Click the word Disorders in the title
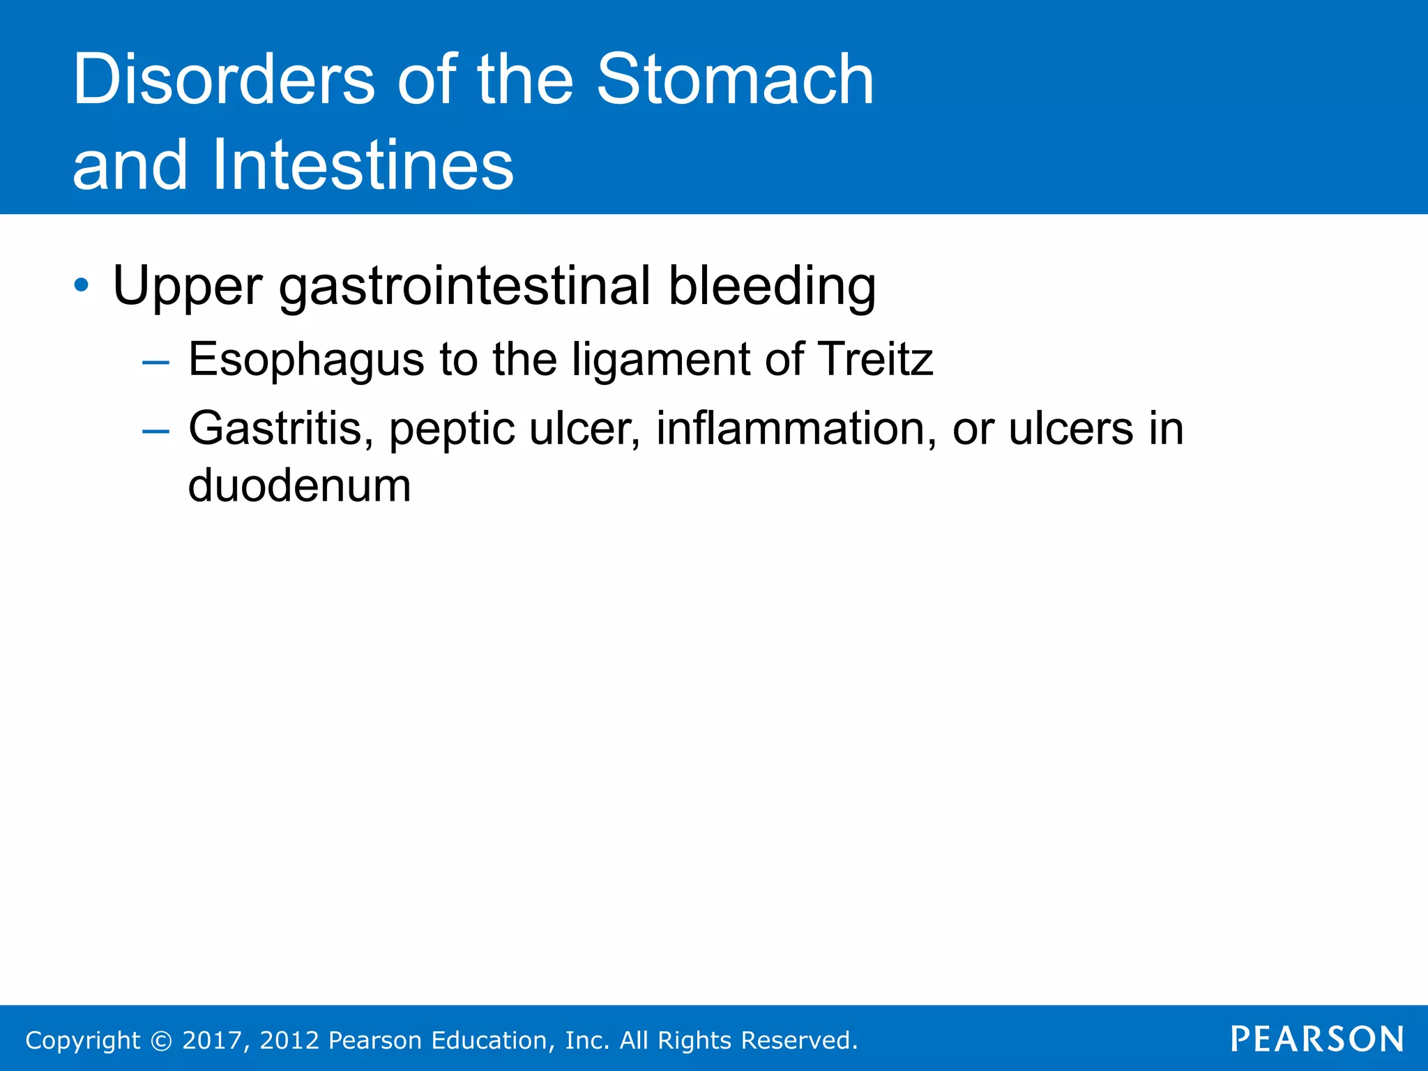[x=223, y=79]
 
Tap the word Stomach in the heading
[x=735, y=79]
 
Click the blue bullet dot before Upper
[x=82, y=285]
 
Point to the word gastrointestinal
[x=464, y=287]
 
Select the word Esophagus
[x=306, y=360]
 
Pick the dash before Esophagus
[x=155, y=363]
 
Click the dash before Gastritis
[x=155, y=432]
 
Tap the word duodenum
[x=299, y=485]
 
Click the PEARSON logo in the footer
[x=1316, y=1039]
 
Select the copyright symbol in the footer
[x=161, y=1040]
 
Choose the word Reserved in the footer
[x=798, y=1040]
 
